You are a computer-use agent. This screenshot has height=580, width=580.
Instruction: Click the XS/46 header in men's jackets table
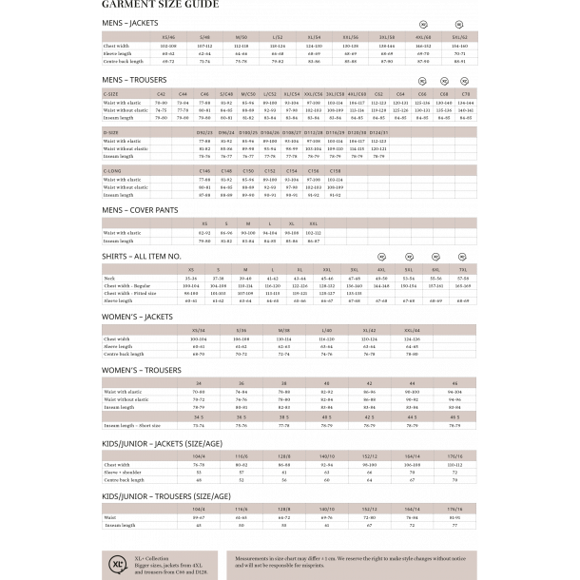(168, 36)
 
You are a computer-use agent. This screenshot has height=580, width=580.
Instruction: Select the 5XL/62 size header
(459, 36)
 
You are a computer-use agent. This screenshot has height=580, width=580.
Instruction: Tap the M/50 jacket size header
(242, 36)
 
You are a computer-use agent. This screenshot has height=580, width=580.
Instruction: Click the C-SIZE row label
(111, 94)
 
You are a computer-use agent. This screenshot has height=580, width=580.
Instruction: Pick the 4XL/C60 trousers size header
(357, 94)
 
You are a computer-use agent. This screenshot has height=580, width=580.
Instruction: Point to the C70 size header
(466, 94)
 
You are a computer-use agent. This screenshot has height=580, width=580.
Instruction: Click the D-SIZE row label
(111, 132)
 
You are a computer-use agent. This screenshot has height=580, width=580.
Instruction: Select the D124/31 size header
(378, 132)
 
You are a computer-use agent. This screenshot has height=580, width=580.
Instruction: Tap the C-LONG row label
(112, 170)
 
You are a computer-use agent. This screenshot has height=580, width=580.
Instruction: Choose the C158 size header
(335, 170)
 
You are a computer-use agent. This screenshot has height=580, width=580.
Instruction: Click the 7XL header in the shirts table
(463, 270)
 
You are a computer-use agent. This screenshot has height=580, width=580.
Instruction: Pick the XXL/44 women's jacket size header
(412, 330)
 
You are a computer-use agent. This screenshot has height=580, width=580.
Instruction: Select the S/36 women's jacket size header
(242, 330)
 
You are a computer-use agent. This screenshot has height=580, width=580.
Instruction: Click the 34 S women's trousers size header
(199, 416)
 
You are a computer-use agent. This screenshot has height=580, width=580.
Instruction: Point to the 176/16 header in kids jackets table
(455, 456)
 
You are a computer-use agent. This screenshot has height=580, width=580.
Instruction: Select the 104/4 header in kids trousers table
(199, 509)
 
